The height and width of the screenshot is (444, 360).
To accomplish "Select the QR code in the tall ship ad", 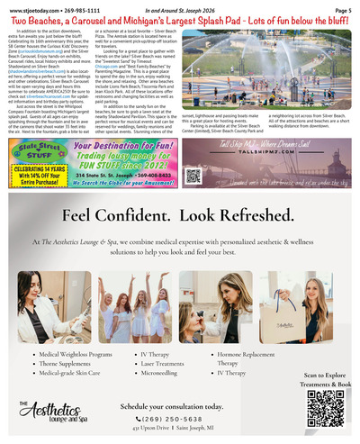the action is [193, 175].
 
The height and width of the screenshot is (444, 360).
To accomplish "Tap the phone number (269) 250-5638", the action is [179, 418].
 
